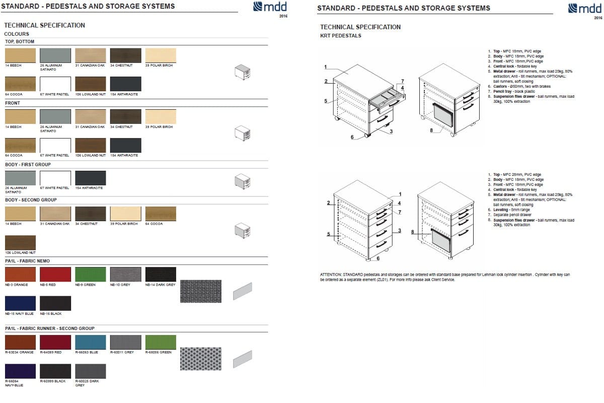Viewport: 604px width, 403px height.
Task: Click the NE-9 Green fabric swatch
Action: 91,275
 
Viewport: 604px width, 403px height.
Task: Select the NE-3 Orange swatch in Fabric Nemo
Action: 20,275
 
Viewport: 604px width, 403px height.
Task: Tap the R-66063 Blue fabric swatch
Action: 91,342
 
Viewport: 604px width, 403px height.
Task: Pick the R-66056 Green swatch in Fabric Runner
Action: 161,342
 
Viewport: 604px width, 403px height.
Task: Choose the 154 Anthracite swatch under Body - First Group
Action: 91,178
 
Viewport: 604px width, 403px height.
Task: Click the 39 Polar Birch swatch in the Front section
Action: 161,116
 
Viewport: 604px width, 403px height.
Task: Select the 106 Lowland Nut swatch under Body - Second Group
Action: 20,242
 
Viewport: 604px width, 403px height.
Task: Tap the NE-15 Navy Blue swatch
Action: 20,303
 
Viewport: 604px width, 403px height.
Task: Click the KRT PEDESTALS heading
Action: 341,36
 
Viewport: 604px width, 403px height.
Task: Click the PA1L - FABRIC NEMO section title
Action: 27,260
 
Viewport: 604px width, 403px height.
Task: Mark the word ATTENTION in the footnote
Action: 330,275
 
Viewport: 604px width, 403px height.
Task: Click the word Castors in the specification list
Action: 500,86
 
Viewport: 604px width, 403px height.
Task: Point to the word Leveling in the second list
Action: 501,210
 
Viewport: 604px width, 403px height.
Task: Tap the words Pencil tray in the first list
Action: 503,91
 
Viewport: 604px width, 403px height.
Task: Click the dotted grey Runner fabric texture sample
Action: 200,358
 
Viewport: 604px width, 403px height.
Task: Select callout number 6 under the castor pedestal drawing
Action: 352,137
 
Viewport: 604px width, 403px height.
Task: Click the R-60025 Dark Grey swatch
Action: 91,371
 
